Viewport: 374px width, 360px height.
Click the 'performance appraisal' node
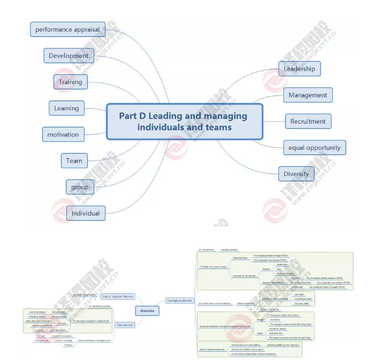67,29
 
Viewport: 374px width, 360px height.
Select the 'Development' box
68,55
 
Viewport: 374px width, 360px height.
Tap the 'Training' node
70,82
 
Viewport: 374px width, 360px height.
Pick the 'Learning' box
66,108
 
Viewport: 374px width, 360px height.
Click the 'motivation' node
63,134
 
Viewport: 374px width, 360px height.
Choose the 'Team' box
74,160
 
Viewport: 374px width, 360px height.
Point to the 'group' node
80,187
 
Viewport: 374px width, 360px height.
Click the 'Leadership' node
299,69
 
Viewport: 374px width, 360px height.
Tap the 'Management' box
308,95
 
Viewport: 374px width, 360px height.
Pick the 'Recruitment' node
308,121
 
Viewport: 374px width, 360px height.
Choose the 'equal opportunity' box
315,147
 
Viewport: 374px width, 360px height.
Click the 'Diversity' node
296,174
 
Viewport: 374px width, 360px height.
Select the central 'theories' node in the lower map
147,311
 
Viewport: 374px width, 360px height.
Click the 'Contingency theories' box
180,300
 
